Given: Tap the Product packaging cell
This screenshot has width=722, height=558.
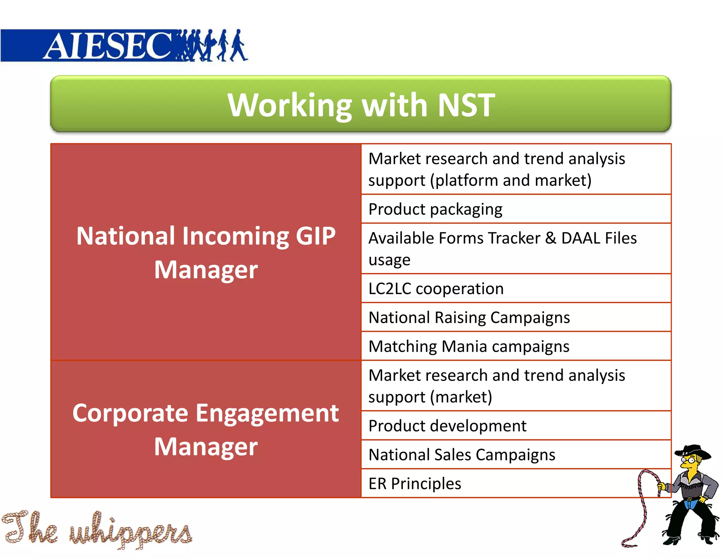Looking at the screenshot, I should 435,209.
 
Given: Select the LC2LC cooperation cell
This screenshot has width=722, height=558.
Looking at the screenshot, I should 436,289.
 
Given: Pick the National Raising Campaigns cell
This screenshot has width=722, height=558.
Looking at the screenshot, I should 469,317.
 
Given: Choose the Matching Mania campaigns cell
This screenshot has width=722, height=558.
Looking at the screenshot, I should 469,346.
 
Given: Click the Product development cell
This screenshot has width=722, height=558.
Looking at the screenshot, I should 447,426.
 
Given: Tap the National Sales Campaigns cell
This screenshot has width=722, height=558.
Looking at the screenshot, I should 462,455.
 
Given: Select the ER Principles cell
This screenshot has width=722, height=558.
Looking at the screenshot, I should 415,484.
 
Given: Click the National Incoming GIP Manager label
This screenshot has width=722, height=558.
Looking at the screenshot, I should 206,253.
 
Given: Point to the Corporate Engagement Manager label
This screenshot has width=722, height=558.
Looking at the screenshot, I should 206,430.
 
